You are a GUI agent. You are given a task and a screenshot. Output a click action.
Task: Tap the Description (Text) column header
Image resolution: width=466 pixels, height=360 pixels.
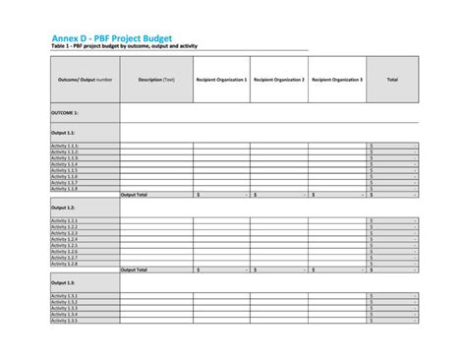156,80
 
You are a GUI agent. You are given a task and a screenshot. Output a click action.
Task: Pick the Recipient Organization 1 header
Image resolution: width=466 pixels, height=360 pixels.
221,80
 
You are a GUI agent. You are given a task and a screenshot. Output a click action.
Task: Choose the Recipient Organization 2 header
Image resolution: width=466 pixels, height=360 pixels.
279,80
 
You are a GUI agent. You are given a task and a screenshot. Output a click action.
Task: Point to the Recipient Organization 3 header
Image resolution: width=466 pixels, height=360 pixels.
337,80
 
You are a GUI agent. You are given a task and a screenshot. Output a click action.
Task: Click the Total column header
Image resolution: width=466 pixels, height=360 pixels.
392,80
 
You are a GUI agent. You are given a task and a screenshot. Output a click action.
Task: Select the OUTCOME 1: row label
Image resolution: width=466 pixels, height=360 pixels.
66,113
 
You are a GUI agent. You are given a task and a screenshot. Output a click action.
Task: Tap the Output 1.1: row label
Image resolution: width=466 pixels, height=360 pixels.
64,131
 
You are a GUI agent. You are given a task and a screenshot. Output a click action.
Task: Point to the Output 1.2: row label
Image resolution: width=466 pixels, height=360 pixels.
64,209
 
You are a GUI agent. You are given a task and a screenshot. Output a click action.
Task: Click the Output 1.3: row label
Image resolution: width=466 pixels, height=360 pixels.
64,282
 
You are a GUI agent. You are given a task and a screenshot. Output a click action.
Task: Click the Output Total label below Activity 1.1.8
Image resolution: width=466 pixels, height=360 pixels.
135,195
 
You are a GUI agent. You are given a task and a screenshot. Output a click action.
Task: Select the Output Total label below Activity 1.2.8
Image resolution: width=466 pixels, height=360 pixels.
135,270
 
